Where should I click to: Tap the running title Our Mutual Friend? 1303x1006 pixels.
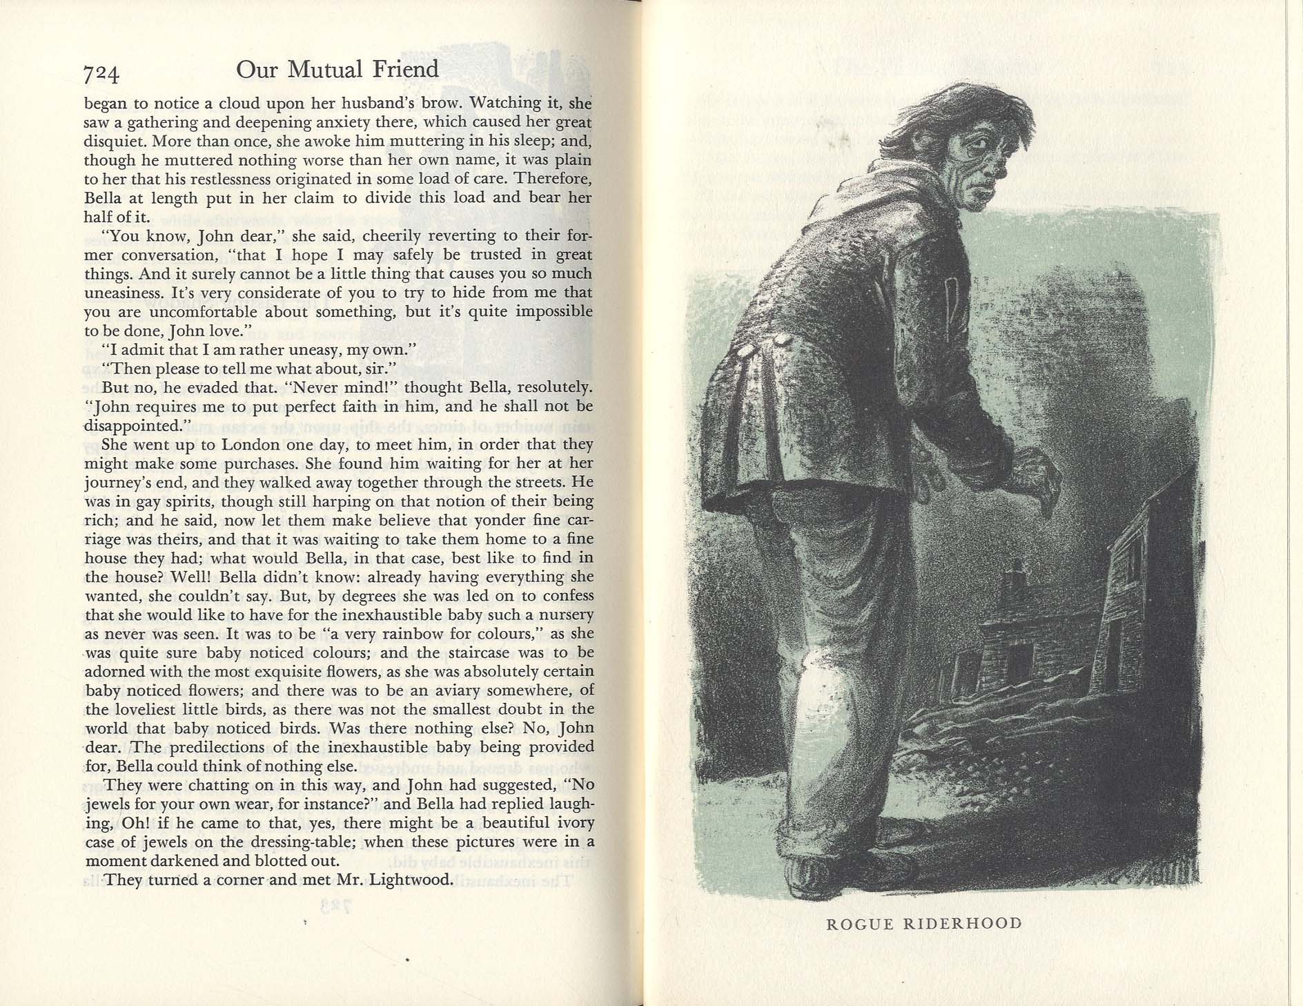337,70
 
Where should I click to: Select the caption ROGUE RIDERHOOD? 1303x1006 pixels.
924,924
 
